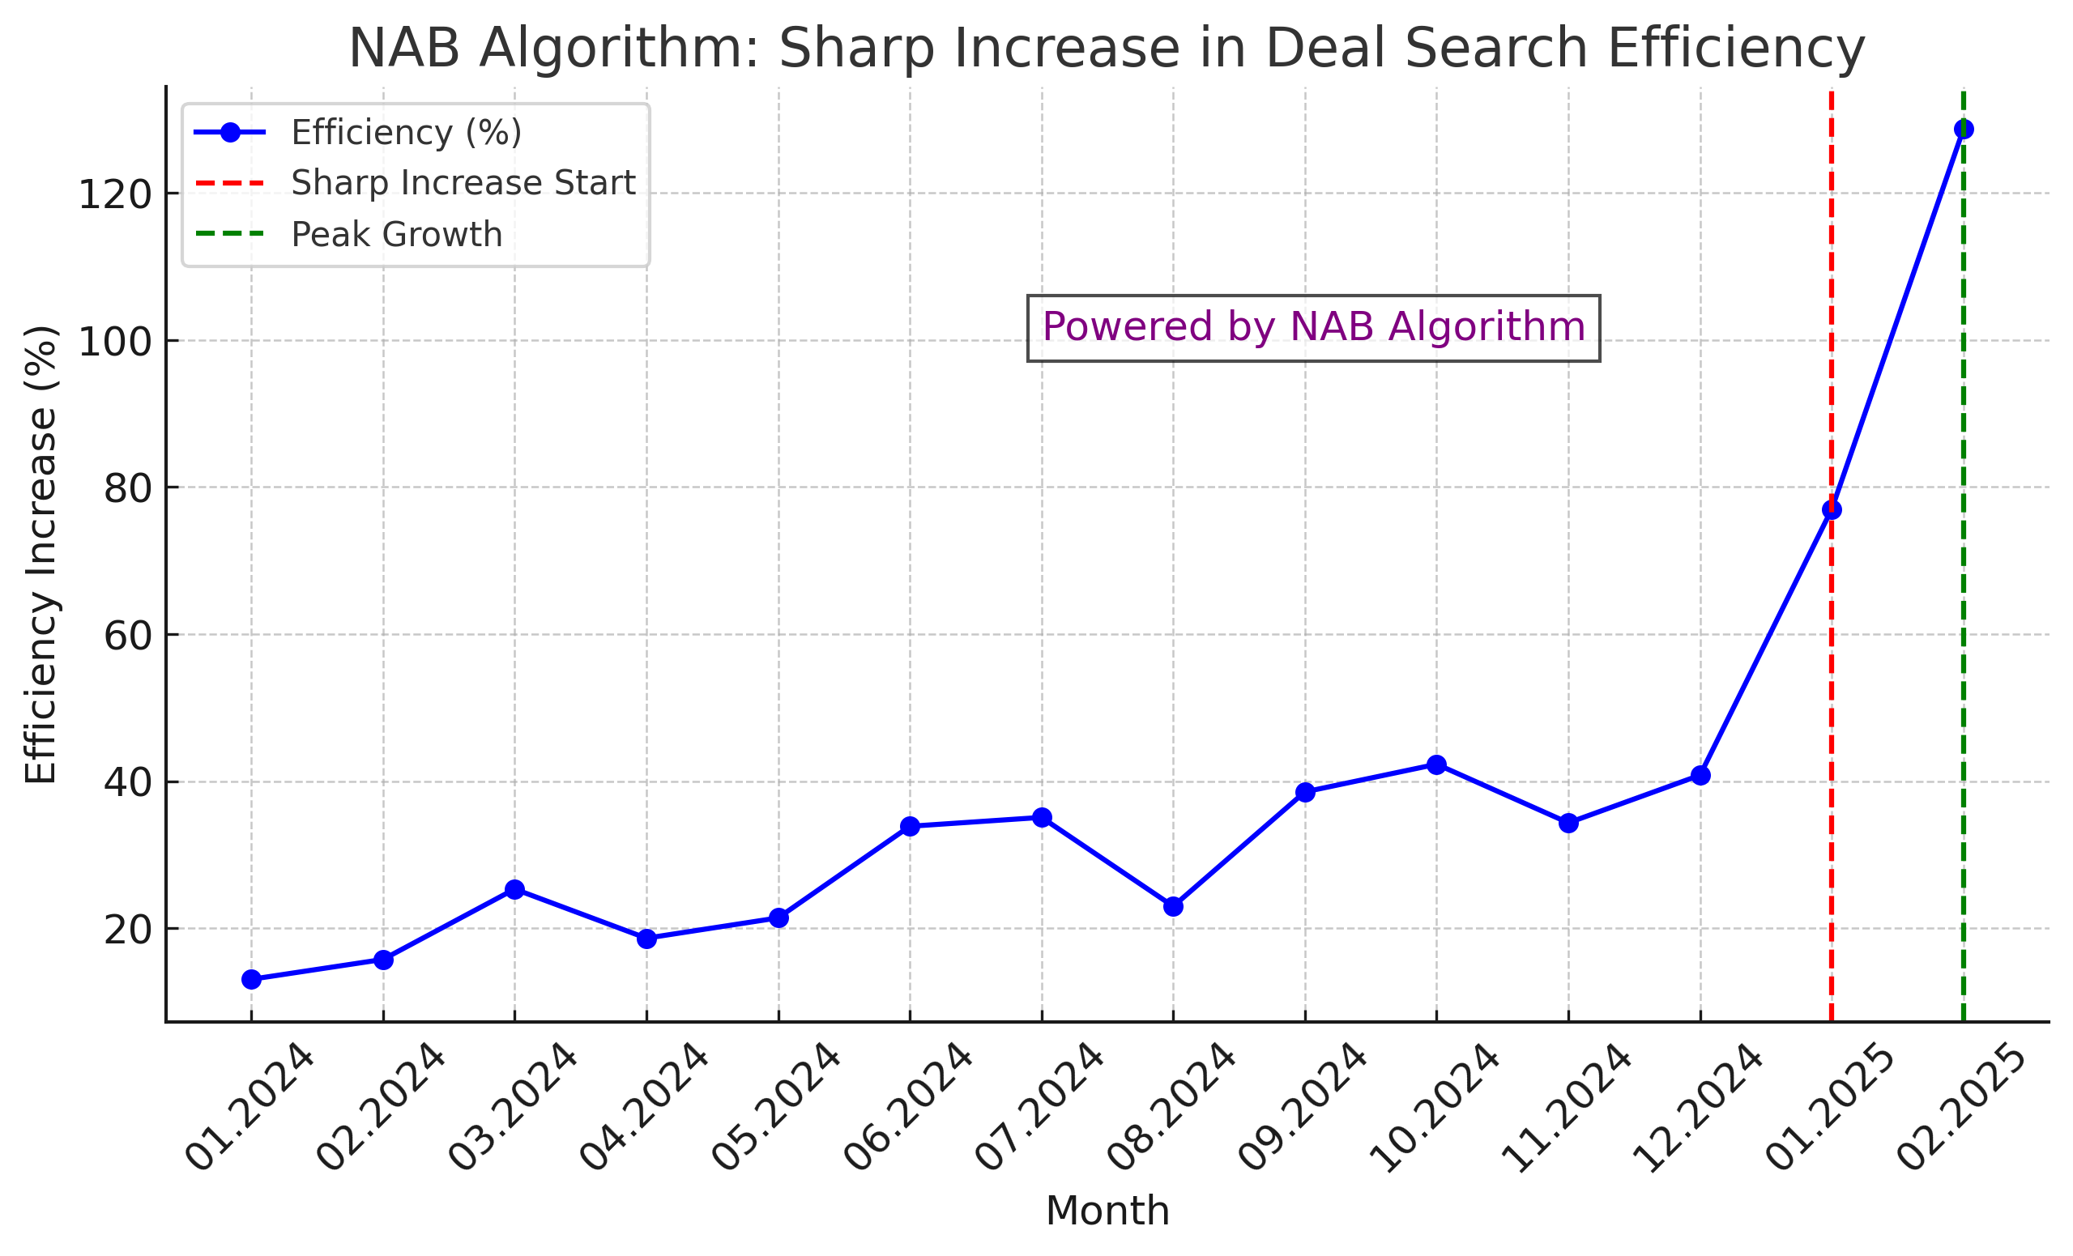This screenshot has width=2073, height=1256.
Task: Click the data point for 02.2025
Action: [x=1964, y=130]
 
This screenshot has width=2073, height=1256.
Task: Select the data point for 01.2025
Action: [x=1832, y=510]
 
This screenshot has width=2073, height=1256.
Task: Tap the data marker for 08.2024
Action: [x=1174, y=906]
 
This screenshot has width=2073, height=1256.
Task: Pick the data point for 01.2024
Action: [x=252, y=979]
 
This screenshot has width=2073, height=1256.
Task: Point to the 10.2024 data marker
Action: [x=1437, y=764]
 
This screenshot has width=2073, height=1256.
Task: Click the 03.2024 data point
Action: [x=515, y=889]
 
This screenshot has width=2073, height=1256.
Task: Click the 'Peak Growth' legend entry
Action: [x=396, y=235]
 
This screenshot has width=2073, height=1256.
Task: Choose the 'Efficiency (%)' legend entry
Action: [x=406, y=133]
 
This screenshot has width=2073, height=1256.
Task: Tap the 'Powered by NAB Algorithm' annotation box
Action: [x=1313, y=328]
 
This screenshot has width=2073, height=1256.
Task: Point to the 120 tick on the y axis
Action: [x=115, y=195]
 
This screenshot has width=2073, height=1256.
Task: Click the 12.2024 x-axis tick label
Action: [x=1698, y=1108]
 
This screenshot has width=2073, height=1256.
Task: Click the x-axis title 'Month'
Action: [x=1107, y=1212]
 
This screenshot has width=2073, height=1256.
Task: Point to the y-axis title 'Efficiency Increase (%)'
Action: [x=41, y=556]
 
